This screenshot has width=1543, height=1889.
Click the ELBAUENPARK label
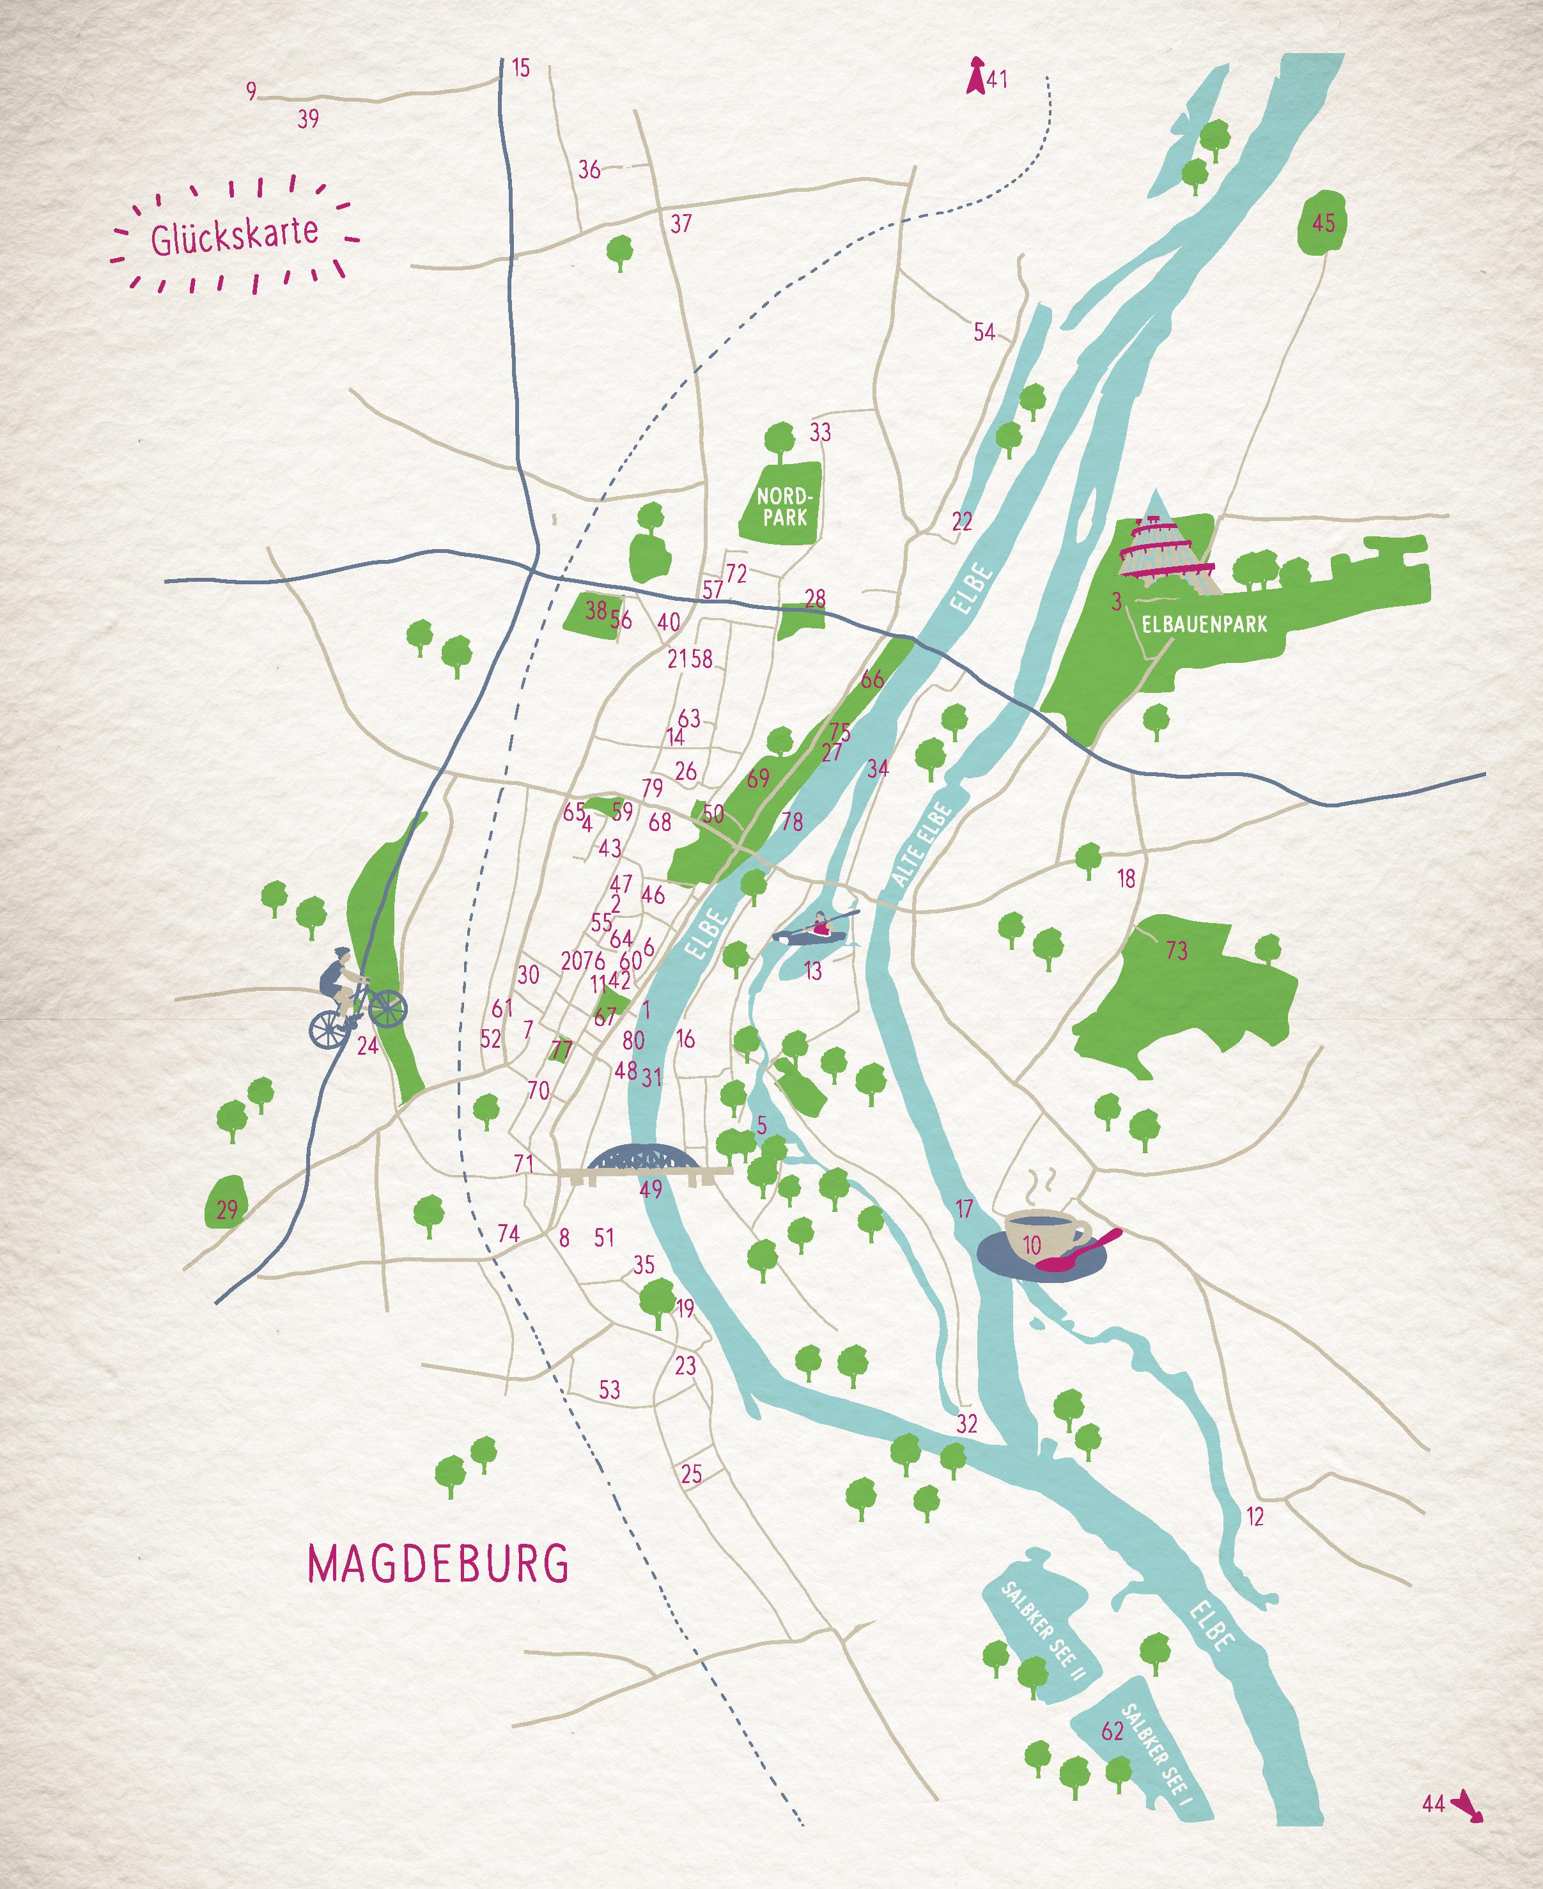[1204, 624]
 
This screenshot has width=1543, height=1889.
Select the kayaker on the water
[818, 928]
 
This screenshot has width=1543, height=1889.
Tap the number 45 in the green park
[1324, 222]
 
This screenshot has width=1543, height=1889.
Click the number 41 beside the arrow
[997, 79]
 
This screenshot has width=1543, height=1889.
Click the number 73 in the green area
[1176, 951]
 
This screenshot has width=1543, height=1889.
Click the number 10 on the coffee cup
[1031, 1245]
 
